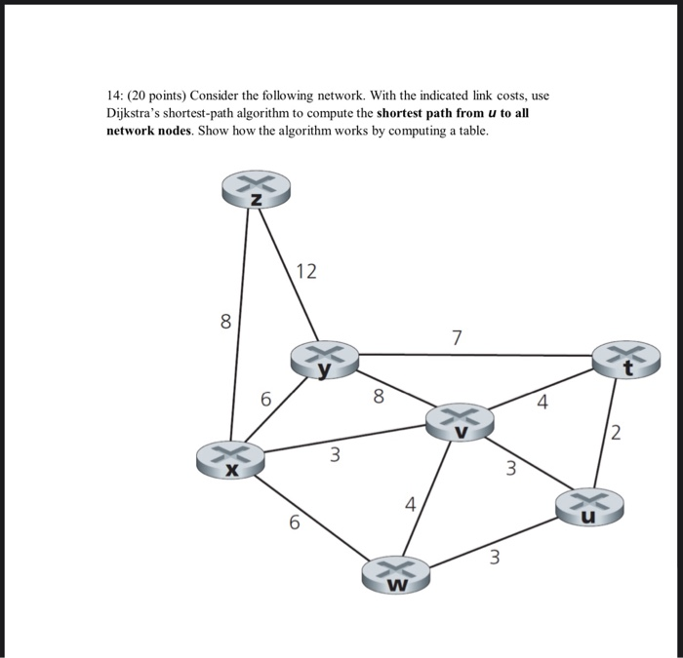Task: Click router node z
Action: (x=256, y=189)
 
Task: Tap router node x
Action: (x=231, y=459)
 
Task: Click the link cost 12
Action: (x=306, y=272)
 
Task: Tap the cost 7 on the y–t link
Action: (x=458, y=338)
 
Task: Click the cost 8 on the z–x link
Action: (x=225, y=322)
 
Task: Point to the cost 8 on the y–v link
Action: (x=380, y=396)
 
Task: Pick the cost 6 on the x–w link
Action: (x=294, y=523)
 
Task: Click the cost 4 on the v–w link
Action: (x=411, y=505)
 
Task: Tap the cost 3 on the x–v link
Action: (x=335, y=454)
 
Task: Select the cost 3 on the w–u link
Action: (x=495, y=558)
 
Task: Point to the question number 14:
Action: (x=115, y=96)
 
